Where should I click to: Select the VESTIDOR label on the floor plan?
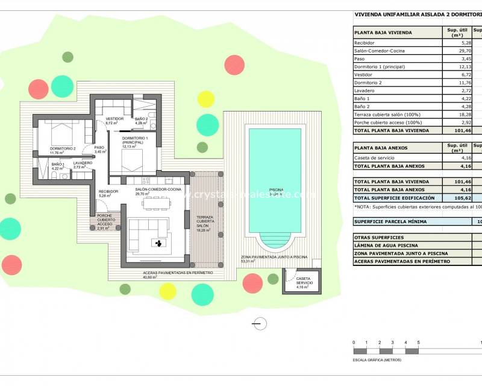[x=114, y=119]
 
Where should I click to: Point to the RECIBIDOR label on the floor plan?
[x=108, y=192]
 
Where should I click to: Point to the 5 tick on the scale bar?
[x=418, y=343]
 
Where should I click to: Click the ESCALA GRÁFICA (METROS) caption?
[x=377, y=360]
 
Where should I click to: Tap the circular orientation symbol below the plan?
[x=259, y=324]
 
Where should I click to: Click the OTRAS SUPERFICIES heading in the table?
[x=380, y=238]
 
